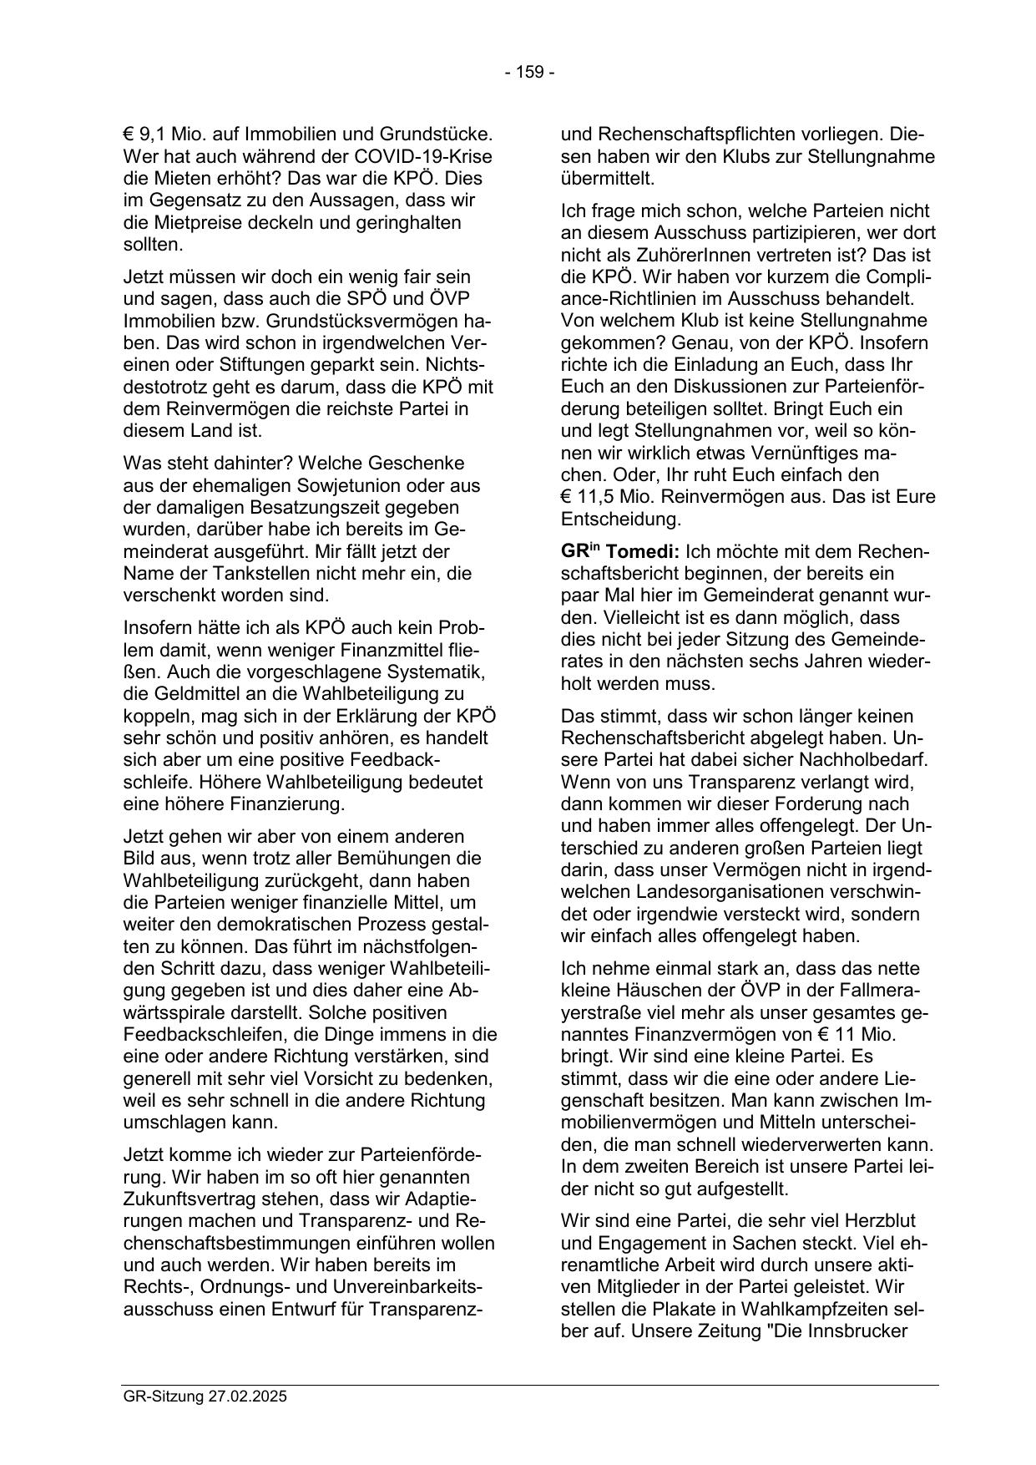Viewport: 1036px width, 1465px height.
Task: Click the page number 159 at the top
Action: pos(530,72)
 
